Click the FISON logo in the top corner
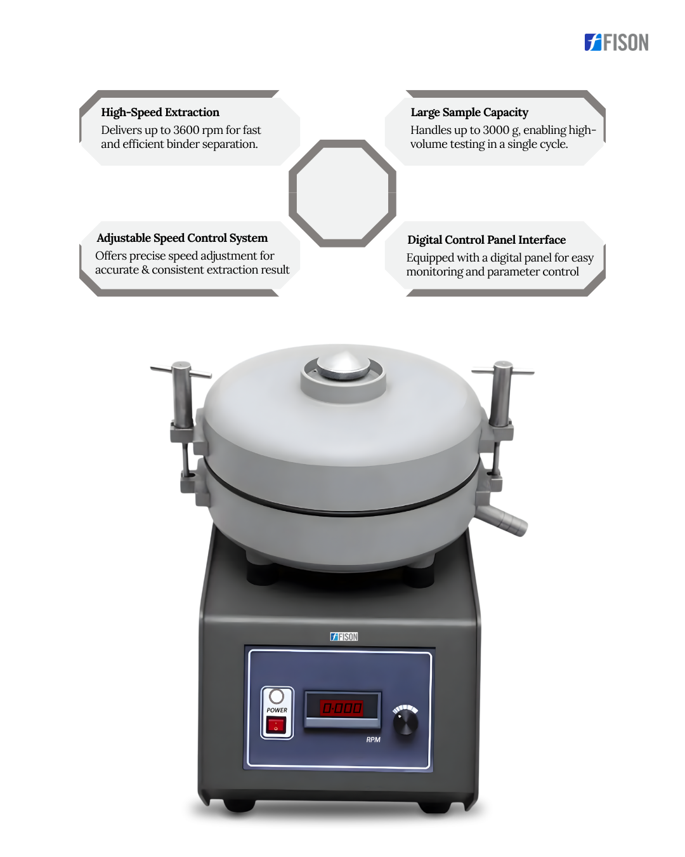(x=616, y=42)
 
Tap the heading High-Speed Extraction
(x=160, y=112)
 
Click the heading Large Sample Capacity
(x=469, y=112)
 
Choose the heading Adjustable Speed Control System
(x=182, y=238)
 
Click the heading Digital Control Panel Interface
(x=486, y=240)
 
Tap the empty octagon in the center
(x=342, y=193)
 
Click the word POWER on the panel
(x=277, y=710)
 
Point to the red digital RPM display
(x=341, y=708)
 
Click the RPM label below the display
(x=373, y=740)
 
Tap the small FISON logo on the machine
(x=344, y=637)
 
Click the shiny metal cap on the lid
(x=344, y=366)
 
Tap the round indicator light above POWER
(x=277, y=696)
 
